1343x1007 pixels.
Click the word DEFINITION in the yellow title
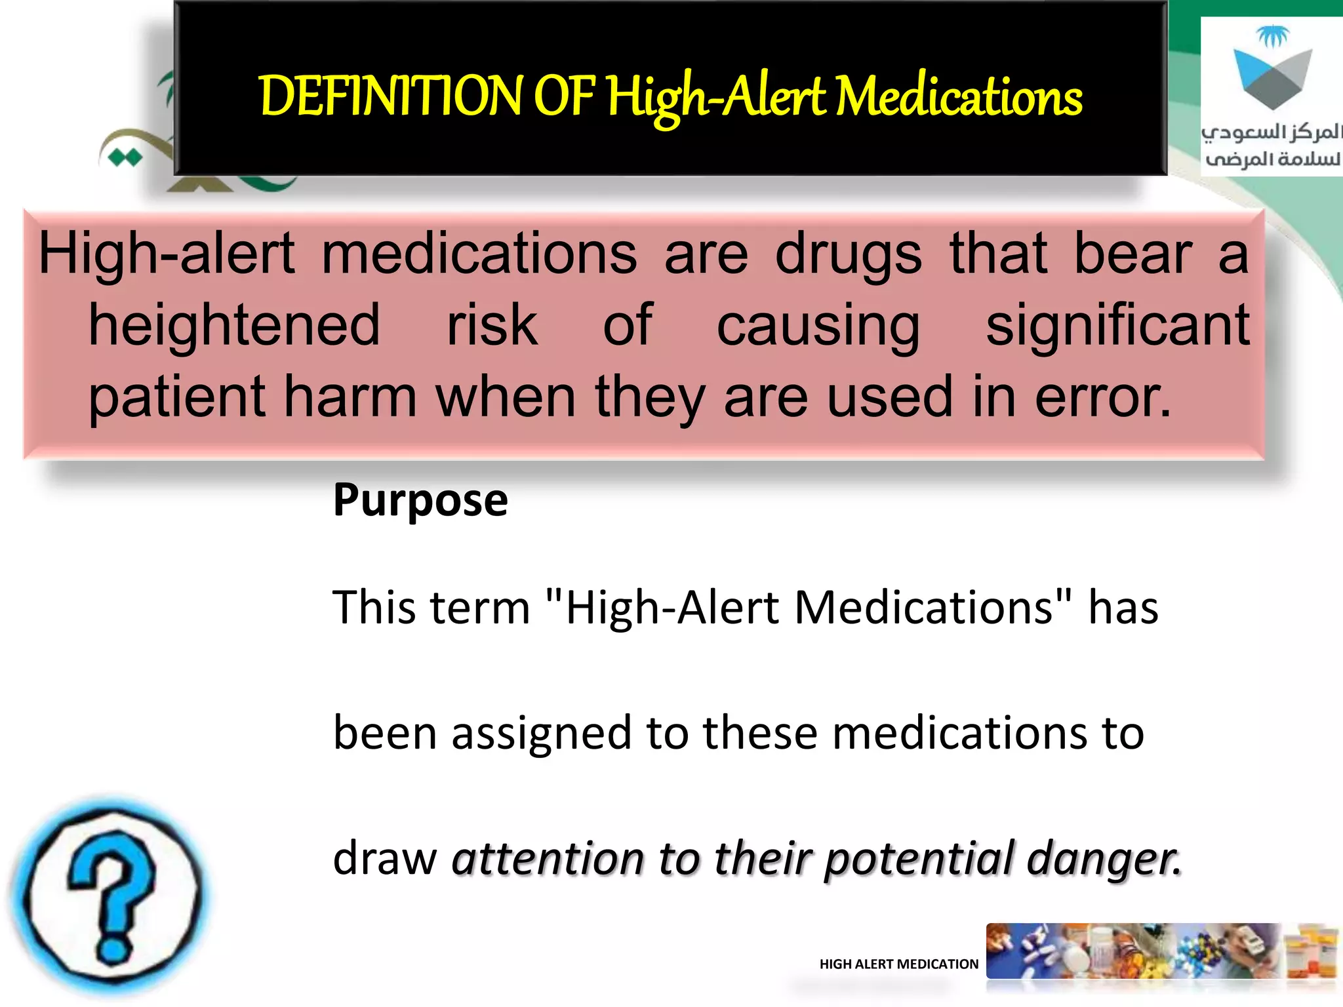pyautogui.click(x=390, y=97)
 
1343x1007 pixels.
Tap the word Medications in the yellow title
pyautogui.click(x=959, y=97)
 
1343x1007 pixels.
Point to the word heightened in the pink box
pyautogui.click(x=234, y=325)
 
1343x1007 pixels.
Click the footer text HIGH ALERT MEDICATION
pyautogui.click(x=898, y=964)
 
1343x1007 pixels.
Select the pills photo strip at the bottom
pyautogui.click(x=1161, y=952)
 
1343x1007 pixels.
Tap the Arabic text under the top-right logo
pyautogui.click(x=1271, y=146)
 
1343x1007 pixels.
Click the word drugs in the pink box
pyautogui.click(x=848, y=254)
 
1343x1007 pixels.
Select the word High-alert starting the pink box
pyautogui.click(x=167, y=254)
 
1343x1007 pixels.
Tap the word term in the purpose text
pyautogui.click(x=481, y=607)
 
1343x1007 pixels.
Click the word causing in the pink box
pyautogui.click(x=818, y=325)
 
